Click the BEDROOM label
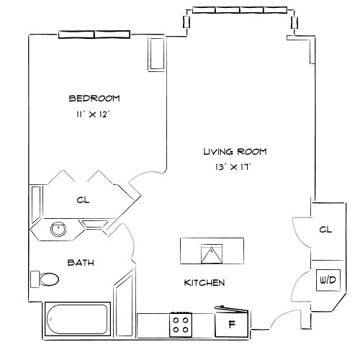(x=94, y=99)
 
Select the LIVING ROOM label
(x=235, y=152)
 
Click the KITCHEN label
(x=204, y=283)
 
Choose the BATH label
(x=81, y=263)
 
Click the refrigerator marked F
(x=232, y=324)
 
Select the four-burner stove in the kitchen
(x=181, y=324)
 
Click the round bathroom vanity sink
(x=58, y=230)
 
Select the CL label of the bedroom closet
(x=83, y=200)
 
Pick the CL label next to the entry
(x=325, y=230)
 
